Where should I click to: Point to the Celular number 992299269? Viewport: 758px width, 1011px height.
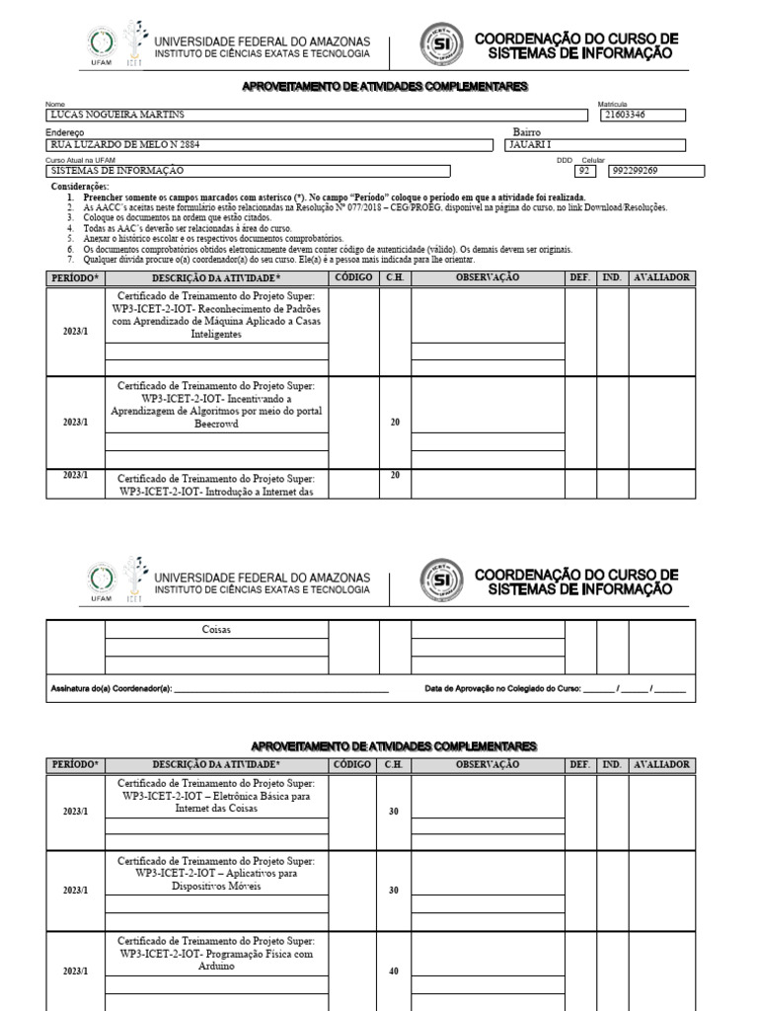(x=637, y=171)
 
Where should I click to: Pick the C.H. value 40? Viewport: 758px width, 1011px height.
(x=394, y=972)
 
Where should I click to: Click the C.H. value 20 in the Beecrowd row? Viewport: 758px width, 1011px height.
(x=395, y=423)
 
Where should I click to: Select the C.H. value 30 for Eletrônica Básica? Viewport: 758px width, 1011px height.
(x=394, y=812)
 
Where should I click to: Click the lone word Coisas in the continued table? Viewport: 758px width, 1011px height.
(x=215, y=628)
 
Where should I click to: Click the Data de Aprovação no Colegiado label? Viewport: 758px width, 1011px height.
(x=502, y=688)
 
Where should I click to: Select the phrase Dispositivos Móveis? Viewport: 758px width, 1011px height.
(x=215, y=886)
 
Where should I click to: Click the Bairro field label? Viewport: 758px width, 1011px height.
(x=526, y=132)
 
